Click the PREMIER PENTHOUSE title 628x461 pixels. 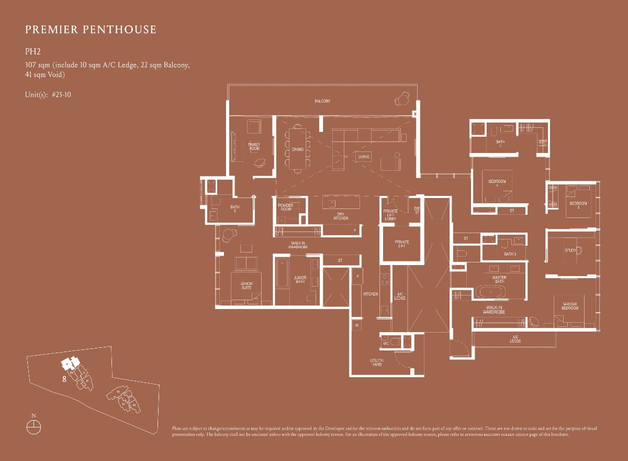91,29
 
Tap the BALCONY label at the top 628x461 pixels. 322,101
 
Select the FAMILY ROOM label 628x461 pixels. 254,147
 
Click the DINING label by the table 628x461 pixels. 298,149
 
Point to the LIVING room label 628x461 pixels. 363,157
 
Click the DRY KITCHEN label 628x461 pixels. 341,216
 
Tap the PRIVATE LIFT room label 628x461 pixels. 401,244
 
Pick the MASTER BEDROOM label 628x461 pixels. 570,306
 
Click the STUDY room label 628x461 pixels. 569,250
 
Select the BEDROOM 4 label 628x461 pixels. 497,183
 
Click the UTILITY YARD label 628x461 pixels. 377,362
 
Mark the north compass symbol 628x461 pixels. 33,425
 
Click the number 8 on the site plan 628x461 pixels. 64,379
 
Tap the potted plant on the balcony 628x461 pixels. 403,99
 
